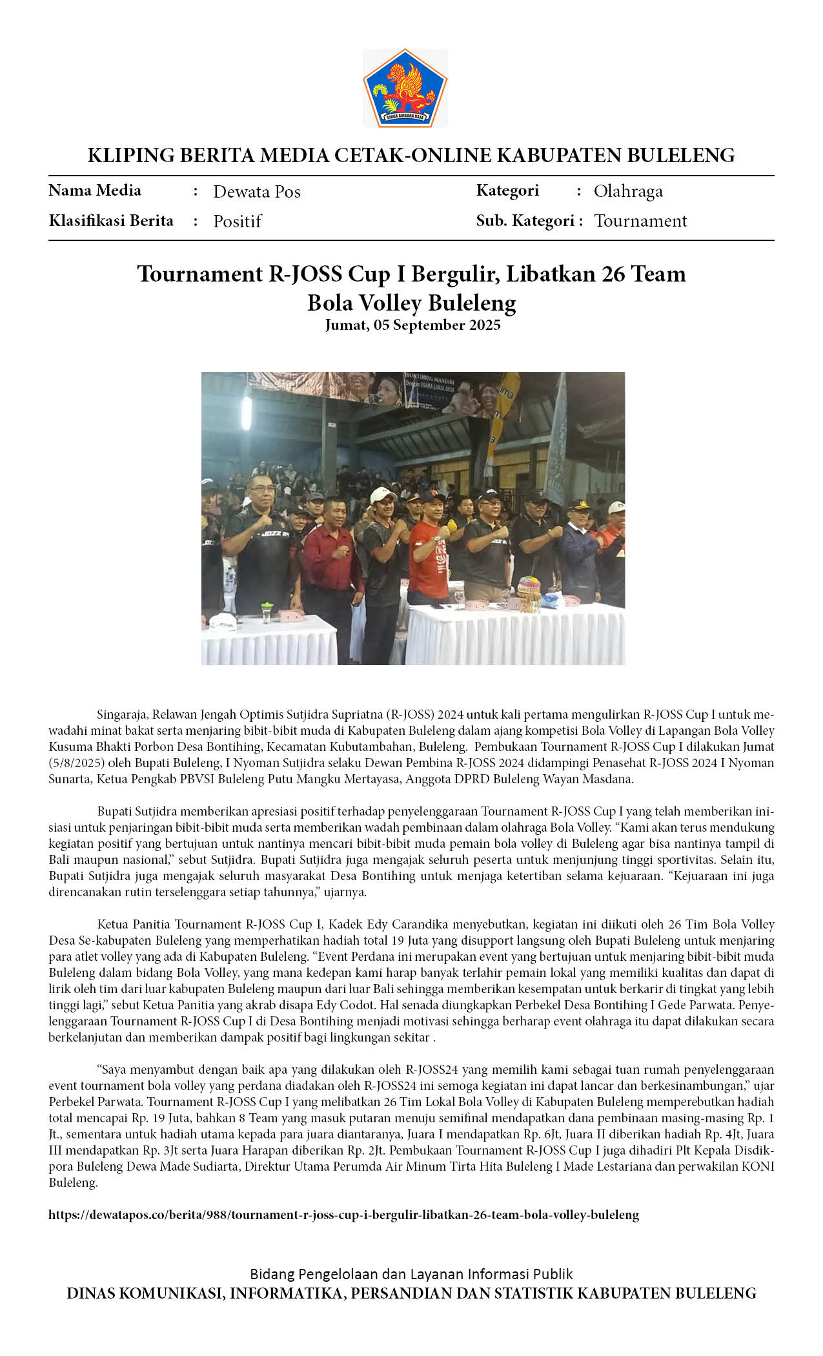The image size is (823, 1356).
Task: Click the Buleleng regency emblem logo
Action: pyautogui.click(x=405, y=87)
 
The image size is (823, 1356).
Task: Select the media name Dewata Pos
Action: pyautogui.click(x=256, y=192)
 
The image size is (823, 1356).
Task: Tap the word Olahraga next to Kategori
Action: pyautogui.click(x=627, y=192)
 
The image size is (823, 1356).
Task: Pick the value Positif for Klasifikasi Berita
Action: pyautogui.click(x=237, y=221)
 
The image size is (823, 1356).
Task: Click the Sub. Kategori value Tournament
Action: pyautogui.click(x=640, y=221)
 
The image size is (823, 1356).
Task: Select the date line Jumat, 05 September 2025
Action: pyautogui.click(x=412, y=325)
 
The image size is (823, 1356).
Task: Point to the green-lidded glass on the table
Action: pyautogui.click(x=266, y=610)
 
